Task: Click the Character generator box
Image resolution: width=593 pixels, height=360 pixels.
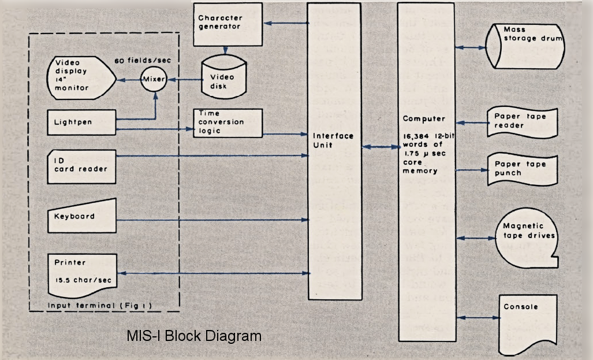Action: (x=227, y=25)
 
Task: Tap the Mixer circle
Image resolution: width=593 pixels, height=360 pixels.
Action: (x=154, y=79)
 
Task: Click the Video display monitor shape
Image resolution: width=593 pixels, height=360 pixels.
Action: (x=81, y=78)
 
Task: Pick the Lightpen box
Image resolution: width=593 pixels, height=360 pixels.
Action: (x=81, y=123)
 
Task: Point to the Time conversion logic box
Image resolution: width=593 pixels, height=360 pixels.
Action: (x=227, y=123)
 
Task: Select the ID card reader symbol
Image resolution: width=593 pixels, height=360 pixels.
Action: (x=81, y=167)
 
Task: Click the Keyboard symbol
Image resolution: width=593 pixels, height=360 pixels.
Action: (x=81, y=216)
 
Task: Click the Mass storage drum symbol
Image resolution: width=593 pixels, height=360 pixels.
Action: (x=525, y=46)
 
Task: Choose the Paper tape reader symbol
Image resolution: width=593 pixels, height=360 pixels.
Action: (x=523, y=123)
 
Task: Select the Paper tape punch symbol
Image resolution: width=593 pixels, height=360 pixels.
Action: (x=523, y=169)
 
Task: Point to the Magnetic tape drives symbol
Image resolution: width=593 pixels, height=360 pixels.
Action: (x=527, y=237)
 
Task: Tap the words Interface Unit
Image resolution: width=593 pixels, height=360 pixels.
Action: (x=333, y=140)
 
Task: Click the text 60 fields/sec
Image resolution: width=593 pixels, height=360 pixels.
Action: (x=143, y=61)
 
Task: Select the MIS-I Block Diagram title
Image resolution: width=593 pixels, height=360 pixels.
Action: (x=194, y=336)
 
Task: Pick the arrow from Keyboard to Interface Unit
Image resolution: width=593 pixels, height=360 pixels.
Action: (x=213, y=220)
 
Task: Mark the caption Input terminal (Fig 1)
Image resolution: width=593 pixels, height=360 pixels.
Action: (x=100, y=306)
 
